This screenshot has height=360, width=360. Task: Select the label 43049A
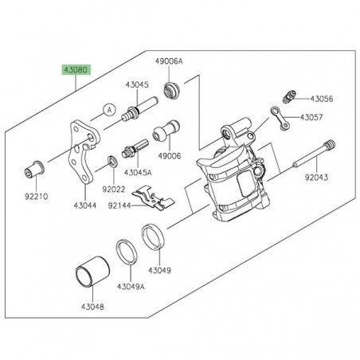tap(131, 286)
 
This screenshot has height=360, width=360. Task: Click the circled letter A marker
tap(109, 109)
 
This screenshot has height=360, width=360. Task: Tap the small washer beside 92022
tap(113, 162)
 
